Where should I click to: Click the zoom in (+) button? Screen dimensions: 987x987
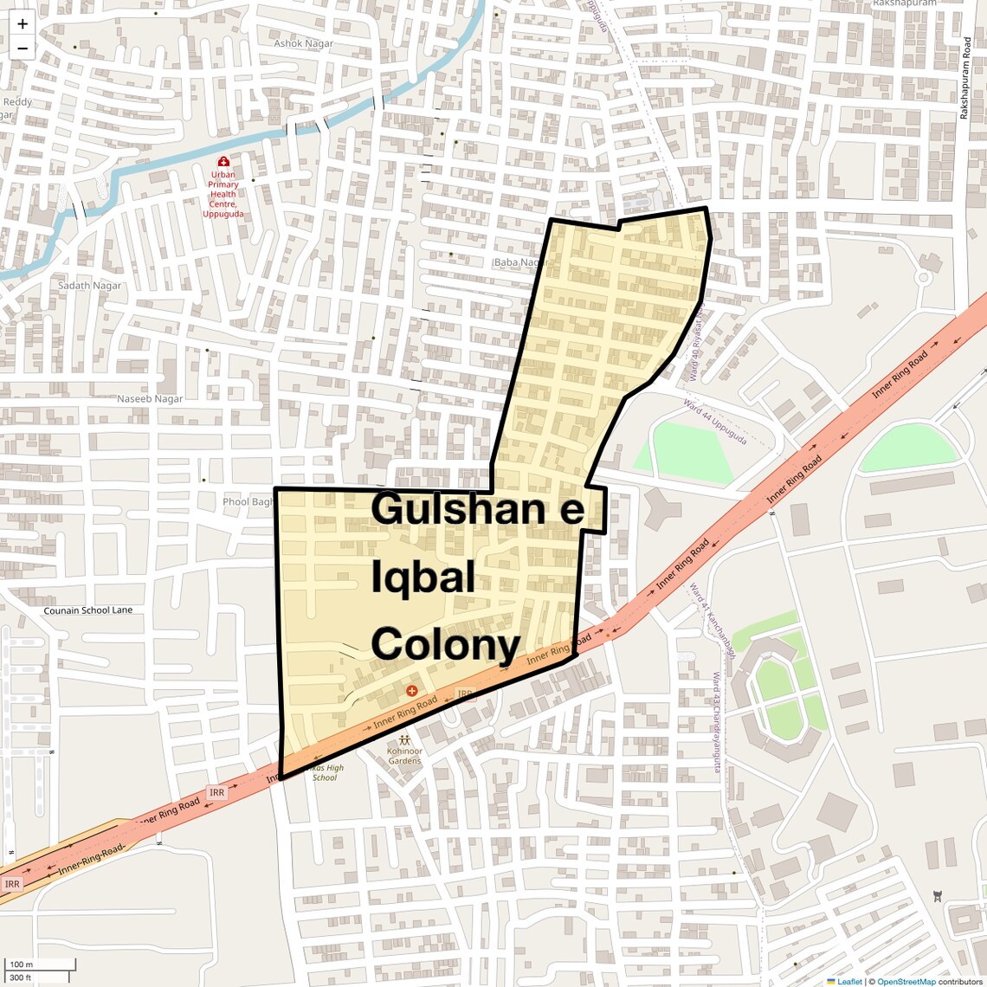click(x=23, y=24)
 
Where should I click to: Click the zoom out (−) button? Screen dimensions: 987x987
click(x=23, y=48)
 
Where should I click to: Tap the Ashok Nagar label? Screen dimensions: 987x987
click(x=303, y=43)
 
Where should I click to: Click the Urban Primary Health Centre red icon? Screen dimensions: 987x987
click(x=223, y=162)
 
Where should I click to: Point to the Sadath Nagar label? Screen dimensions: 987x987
click(x=90, y=286)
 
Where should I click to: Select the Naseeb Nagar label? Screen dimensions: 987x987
click(x=150, y=399)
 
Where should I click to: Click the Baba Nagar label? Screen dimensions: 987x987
click(x=520, y=262)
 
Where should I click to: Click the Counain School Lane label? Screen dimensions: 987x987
click(x=88, y=610)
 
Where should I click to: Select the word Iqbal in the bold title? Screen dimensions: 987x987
click(x=423, y=577)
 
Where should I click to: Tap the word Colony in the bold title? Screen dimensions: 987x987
click(x=445, y=645)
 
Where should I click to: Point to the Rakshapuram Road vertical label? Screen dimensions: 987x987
click(x=964, y=78)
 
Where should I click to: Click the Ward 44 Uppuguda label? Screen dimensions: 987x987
click(x=715, y=422)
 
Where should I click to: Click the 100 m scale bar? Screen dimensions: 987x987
click(x=40, y=964)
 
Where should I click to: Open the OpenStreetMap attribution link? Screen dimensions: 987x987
click(x=906, y=982)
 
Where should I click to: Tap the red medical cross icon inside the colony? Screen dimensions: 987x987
click(x=411, y=691)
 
